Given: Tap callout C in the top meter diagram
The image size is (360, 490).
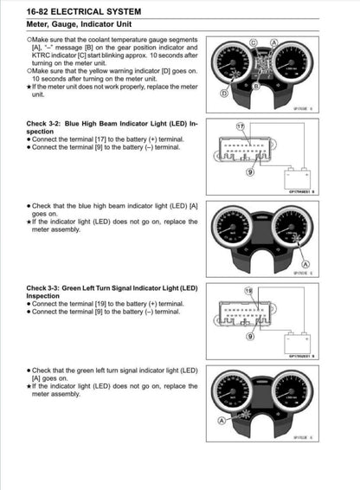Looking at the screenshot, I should [x=253, y=42].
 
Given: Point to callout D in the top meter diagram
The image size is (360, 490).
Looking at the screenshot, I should [x=224, y=92].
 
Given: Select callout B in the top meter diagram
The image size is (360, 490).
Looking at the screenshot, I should [x=256, y=86].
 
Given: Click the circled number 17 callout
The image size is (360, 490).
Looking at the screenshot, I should [x=241, y=126].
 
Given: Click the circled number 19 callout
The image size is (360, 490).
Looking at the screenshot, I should [x=249, y=291].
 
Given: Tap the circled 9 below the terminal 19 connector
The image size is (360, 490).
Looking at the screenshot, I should [x=252, y=340].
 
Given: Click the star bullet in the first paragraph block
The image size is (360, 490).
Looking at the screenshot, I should [x=30, y=87].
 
